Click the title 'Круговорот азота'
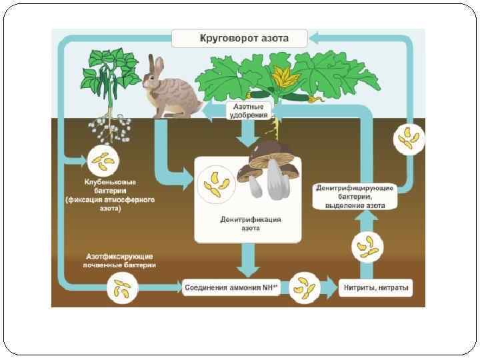[244, 38]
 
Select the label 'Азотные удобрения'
[248, 111]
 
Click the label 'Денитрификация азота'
[250, 223]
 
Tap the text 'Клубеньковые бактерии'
[110, 185]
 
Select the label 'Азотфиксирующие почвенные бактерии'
[119, 260]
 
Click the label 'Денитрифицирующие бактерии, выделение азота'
[355, 197]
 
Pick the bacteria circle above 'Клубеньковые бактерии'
[103, 159]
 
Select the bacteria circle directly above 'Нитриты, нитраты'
[367, 247]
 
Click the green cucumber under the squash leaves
[297, 97]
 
